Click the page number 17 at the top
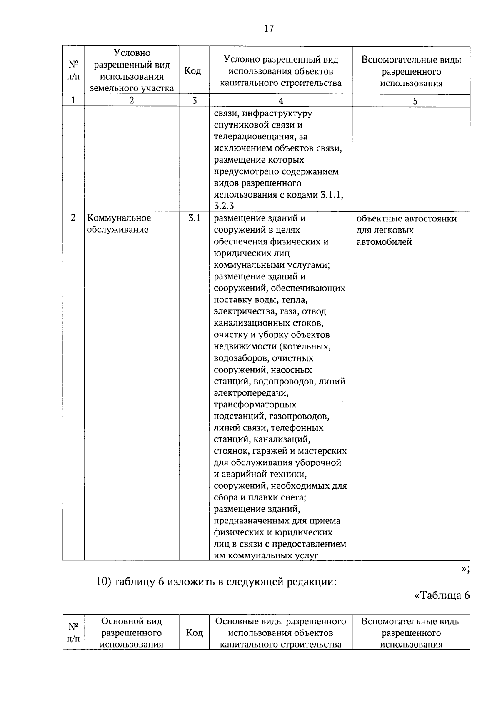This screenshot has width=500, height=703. [269, 28]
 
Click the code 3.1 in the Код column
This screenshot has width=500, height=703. [194, 218]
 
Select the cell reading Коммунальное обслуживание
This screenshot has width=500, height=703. [119, 224]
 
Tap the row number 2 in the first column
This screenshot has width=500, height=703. [73, 218]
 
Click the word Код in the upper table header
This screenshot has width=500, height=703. [192, 71]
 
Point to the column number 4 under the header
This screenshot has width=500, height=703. [281, 101]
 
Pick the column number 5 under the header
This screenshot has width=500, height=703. [415, 101]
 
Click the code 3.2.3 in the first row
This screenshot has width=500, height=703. [224, 206]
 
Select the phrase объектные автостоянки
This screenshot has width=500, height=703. [407, 219]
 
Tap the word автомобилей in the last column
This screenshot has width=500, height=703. [378, 242]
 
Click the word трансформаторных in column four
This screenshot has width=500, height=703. [255, 404]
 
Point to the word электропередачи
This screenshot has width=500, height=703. [251, 393]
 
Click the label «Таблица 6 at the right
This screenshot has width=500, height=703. [442, 595]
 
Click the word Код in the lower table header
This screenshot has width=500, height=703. [194, 633]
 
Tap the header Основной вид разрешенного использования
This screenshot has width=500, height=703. [132, 633]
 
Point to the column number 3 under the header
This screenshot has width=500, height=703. [194, 101]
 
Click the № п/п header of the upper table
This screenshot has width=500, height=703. [73, 71]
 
